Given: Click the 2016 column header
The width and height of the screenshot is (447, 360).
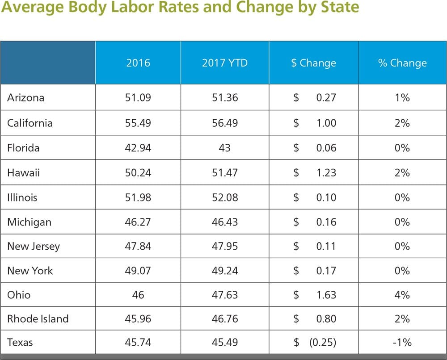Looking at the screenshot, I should click(x=138, y=63).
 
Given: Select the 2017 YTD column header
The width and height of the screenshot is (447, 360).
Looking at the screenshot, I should click(x=224, y=63).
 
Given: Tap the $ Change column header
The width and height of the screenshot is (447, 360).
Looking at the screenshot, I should click(x=313, y=63).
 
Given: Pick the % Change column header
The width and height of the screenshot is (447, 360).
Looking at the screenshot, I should click(x=402, y=63).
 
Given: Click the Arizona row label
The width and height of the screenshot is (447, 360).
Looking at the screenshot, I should click(x=25, y=97).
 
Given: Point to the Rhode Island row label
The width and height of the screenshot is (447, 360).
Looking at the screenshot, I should click(x=38, y=319).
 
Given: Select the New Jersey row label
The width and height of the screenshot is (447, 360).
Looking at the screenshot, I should click(x=33, y=247).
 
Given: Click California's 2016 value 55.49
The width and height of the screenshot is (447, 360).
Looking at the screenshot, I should click(x=138, y=123).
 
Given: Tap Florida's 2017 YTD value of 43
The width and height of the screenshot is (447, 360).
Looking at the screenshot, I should click(x=224, y=148).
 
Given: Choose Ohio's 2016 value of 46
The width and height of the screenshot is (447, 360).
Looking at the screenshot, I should click(x=138, y=295).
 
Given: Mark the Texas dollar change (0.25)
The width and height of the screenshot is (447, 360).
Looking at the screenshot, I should click(x=322, y=343).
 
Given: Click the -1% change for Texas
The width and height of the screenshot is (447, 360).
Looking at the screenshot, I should click(x=402, y=343).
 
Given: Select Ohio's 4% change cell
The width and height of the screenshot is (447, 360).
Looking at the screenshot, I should click(x=402, y=295).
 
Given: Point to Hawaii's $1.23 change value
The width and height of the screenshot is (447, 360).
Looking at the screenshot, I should click(x=326, y=172).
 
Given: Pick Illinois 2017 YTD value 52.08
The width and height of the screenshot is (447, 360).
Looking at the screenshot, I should click(x=224, y=197).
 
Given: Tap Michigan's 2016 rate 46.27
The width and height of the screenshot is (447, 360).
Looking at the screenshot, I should click(x=138, y=222).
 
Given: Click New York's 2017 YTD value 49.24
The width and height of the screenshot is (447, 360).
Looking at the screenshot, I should click(x=224, y=271).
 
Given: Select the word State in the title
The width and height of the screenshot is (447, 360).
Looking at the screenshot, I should click(x=337, y=8).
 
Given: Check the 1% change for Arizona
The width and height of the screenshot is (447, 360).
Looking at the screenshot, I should click(x=402, y=97).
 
